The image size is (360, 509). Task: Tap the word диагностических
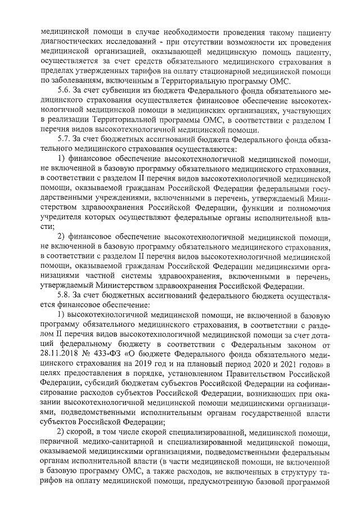[x=74, y=40]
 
